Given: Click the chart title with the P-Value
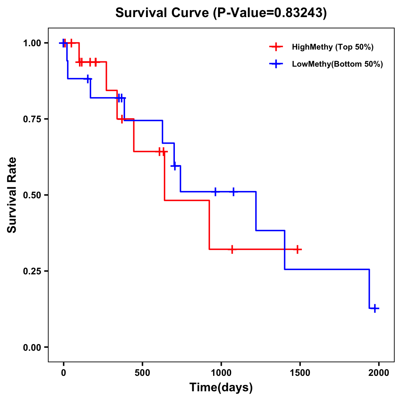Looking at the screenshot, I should [x=221, y=13].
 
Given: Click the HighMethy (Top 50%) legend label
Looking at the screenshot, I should [x=332, y=47].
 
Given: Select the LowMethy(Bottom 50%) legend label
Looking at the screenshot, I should [x=337, y=64].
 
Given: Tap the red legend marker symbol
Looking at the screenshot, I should [x=276, y=47].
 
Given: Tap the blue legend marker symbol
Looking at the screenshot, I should [x=276, y=64].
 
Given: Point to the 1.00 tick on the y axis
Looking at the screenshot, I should [x=32, y=43].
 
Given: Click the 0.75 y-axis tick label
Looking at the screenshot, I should [x=32, y=119].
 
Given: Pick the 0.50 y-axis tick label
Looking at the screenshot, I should [x=32, y=195].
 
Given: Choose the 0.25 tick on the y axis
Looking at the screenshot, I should [x=32, y=271].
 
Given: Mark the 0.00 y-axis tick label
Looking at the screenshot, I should [x=32, y=347].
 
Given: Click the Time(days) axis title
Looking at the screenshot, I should [x=221, y=388].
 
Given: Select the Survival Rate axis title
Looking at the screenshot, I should [x=12, y=195].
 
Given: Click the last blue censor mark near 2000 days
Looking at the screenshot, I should [x=375, y=308].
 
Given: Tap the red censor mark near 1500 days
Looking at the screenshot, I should [x=297, y=249].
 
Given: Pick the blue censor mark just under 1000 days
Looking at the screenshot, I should [x=215, y=192].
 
